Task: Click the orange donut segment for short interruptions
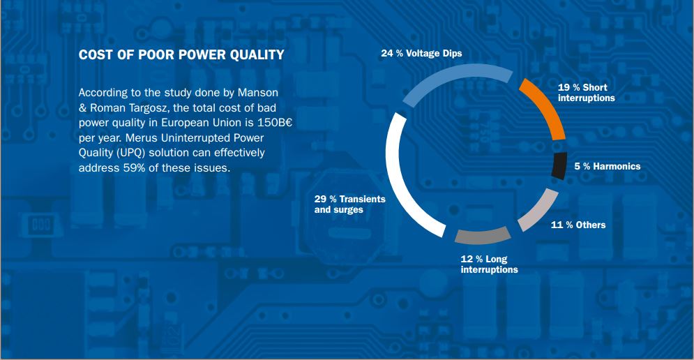click(x=548, y=107)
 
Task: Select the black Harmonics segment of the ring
click(x=559, y=165)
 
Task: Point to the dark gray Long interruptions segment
click(x=483, y=235)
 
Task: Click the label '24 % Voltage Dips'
click(x=421, y=54)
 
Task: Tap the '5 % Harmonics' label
click(x=608, y=167)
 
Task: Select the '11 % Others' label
click(x=578, y=225)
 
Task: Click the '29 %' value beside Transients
click(x=325, y=200)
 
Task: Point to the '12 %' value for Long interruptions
click(x=472, y=259)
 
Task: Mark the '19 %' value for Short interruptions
click(x=568, y=88)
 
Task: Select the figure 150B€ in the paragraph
click(x=275, y=123)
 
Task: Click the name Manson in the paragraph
click(x=258, y=93)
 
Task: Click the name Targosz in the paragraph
click(x=149, y=108)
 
